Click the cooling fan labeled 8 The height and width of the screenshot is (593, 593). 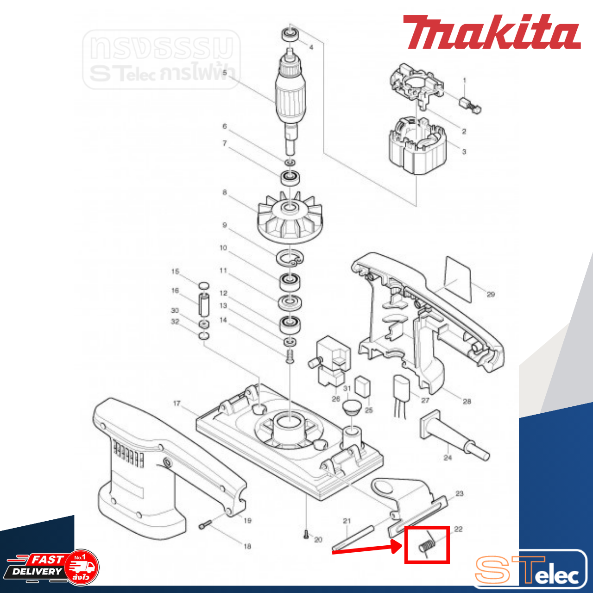pyautogui.click(x=289, y=218)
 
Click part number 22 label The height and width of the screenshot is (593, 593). pyautogui.click(x=458, y=529)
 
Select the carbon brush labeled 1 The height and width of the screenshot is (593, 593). pyautogui.click(x=470, y=105)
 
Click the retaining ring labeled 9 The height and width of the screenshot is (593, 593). pyautogui.click(x=290, y=258)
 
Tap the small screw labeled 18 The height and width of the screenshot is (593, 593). pyautogui.click(x=205, y=525)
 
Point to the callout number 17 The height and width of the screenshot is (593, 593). pyautogui.click(x=177, y=404)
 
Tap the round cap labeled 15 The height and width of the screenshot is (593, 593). pyautogui.click(x=203, y=285)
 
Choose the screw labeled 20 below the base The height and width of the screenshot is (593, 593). pyautogui.click(x=307, y=535)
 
